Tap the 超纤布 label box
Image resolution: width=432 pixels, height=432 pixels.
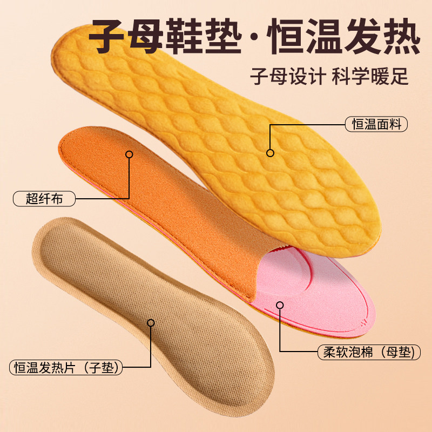pyautogui.click(x=44, y=198)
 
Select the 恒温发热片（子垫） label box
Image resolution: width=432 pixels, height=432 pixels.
pyautogui.click(x=66, y=368)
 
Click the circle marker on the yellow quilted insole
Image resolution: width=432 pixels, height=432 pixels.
pyautogui.click(x=270, y=152)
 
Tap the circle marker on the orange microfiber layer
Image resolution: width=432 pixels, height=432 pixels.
pyautogui.click(x=129, y=154)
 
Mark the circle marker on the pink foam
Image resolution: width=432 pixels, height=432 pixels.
pyautogui.click(x=280, y=305)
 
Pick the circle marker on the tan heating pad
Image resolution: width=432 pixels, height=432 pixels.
pyautogui.click(x=151, y=323)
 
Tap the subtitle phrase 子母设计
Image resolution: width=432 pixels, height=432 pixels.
pyautogui.click(x=285, y=75)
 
